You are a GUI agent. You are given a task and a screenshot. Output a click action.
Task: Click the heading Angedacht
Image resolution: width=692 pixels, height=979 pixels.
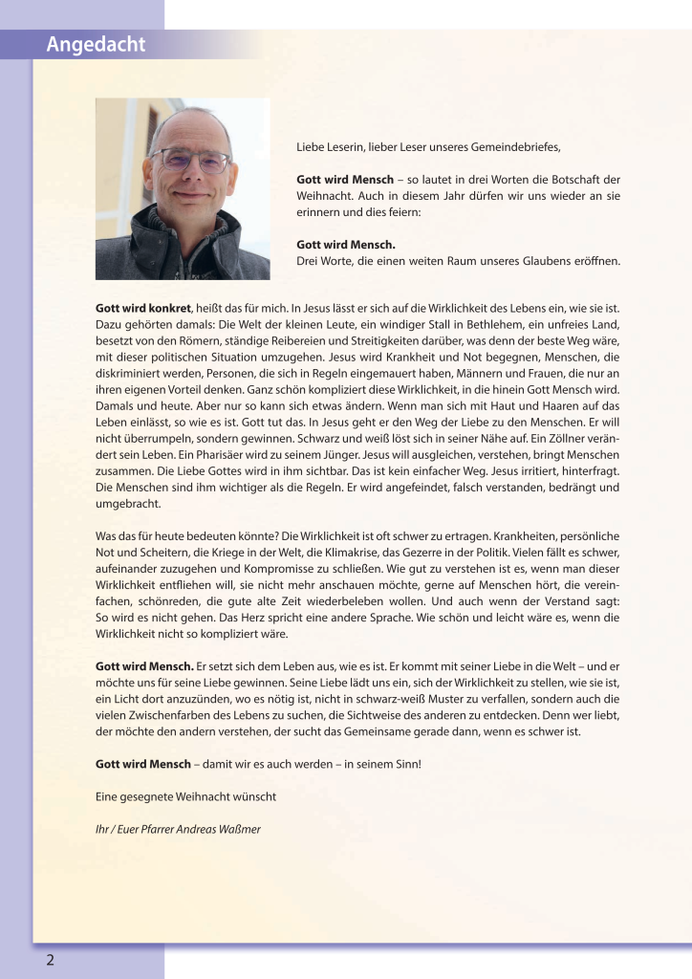coord(97,44)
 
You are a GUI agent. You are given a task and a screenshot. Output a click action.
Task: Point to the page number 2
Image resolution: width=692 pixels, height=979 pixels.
coord(50,961)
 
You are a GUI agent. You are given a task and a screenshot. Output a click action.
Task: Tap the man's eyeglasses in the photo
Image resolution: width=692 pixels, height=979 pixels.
coord(190,159)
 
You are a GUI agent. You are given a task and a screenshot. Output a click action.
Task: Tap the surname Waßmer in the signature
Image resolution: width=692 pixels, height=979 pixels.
coord(239,829)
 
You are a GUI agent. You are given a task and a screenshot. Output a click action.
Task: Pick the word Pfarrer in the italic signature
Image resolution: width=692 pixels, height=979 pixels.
coord(157,829)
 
